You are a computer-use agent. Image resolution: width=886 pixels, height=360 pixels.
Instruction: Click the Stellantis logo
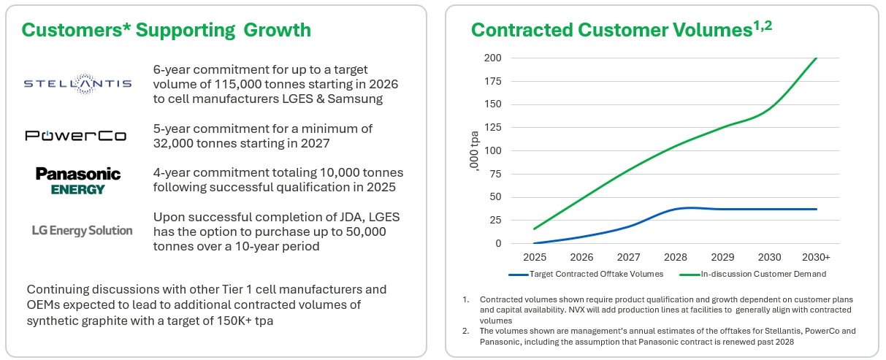click(x=77, y=83)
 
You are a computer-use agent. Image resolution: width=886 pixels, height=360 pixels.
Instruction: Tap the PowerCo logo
click(x=75, y=136)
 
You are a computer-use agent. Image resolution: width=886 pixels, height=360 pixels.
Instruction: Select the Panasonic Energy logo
click(x=77, y=180)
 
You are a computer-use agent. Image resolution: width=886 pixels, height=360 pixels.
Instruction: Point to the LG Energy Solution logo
click(x=82, y=230)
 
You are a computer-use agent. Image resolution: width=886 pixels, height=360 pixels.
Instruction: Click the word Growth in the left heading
click(x=278, y=30)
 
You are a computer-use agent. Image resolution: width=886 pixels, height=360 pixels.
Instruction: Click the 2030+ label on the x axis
click(x=816, y=258)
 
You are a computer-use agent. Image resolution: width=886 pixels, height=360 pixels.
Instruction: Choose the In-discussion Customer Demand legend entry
click(x=760, y=274)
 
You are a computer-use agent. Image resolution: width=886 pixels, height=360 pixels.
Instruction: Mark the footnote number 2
click(x=465, y=331)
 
